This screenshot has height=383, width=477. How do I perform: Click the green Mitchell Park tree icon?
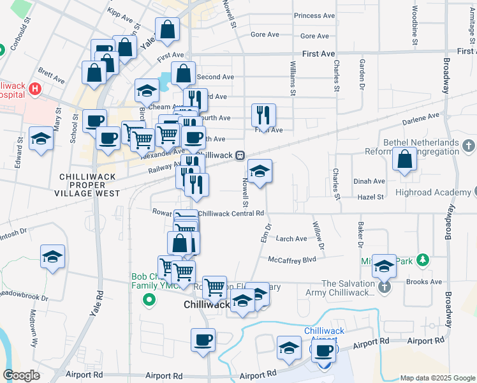pos(422,259)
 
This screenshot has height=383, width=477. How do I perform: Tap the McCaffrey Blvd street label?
pos(292,260)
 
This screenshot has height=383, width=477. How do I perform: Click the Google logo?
pos(22,375)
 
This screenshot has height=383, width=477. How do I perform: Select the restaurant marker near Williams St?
pos(263,116)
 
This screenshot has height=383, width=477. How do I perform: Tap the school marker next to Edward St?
pos(41,139)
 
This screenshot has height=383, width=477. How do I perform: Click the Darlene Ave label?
pos(421,117)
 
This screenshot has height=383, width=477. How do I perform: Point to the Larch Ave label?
pos(291,239)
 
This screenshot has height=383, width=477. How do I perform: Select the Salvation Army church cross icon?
pos(384,288)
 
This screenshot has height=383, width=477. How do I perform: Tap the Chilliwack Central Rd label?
pos(231,213)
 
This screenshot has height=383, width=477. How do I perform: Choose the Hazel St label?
pos(371,197)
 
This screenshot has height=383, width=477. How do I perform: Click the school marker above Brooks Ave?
pos(384,266)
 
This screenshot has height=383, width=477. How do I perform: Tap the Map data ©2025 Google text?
pos(437,378)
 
